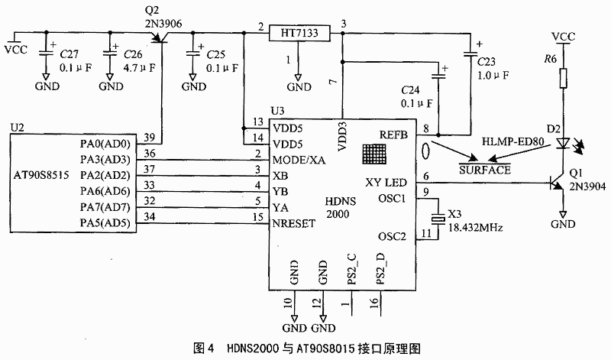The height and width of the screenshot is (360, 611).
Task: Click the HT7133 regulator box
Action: point(299,33)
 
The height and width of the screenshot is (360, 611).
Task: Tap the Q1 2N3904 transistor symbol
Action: point(557,183)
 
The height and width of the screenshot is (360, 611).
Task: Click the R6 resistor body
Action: point(563,78)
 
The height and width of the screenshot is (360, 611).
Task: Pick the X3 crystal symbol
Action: point(438,219)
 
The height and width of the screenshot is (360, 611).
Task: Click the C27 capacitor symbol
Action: point(46,52)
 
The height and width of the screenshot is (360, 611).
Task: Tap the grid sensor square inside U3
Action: point(374,154)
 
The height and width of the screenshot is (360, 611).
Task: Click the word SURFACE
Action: point(484,170)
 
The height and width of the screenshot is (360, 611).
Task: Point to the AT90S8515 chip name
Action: point(41,175)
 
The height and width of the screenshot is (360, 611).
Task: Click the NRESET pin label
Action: point(294,223)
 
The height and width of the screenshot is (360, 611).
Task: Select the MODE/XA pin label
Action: point(299,160)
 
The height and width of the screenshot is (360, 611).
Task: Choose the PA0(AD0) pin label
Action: point(105,144)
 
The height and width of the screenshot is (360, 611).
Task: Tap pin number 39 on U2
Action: point(149,138)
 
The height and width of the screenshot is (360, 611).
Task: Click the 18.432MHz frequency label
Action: point(475,228)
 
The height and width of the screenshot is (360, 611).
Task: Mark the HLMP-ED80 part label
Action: point(512,141)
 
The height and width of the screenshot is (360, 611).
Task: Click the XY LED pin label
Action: point(386,183)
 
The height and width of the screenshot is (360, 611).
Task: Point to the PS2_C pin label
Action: point(352,269)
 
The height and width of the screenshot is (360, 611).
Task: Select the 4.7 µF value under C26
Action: point(139,68)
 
